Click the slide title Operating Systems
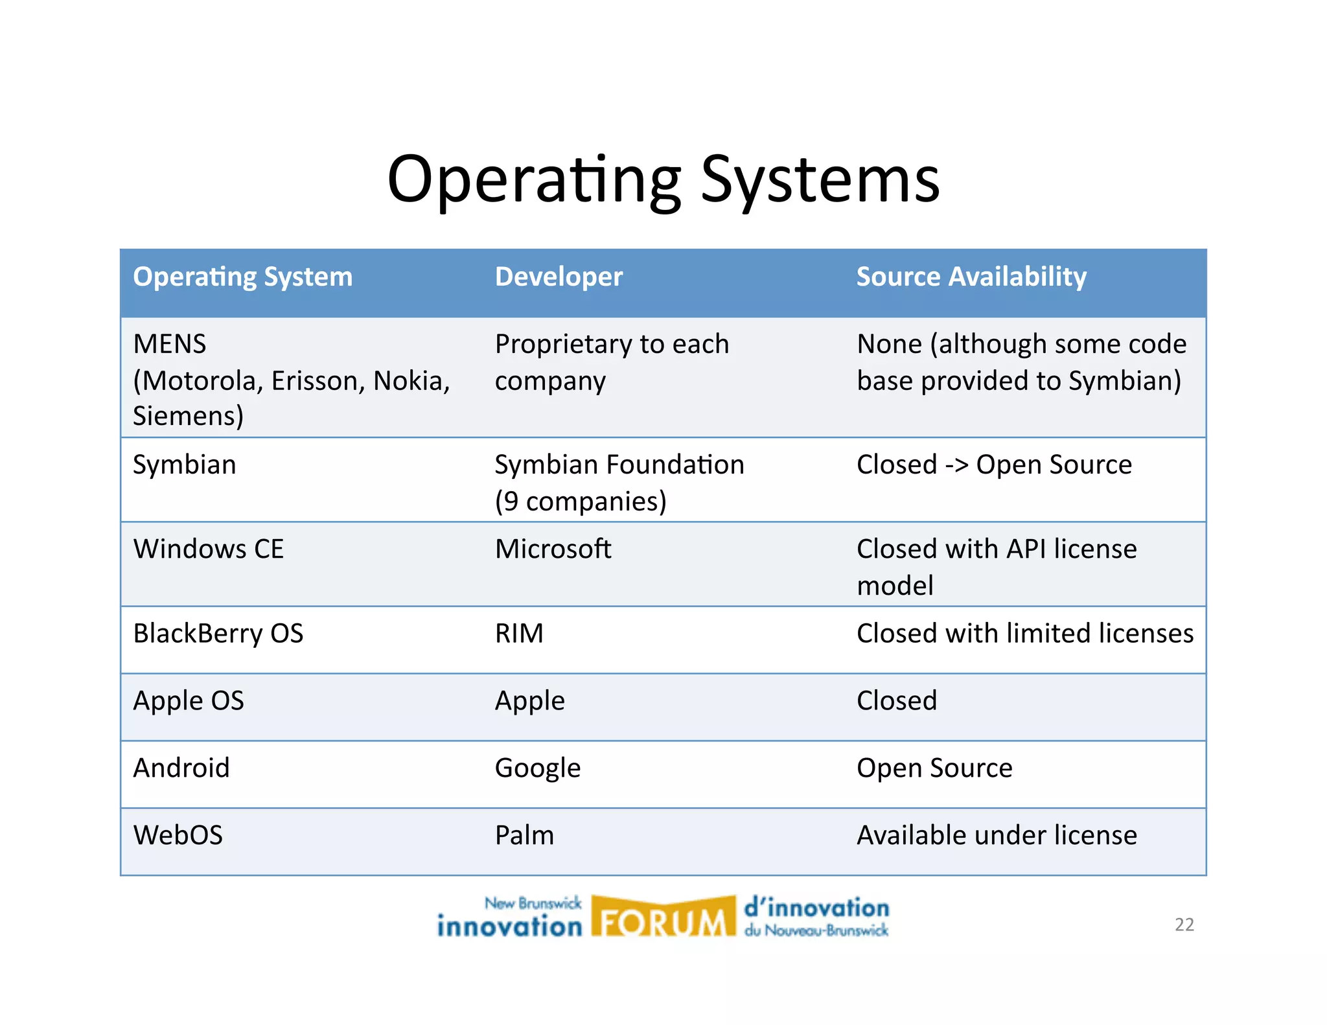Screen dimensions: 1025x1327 [663, 179]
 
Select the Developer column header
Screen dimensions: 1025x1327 [559, 277]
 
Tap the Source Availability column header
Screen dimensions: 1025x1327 [971, 277]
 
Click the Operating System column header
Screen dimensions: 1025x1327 [242, 277]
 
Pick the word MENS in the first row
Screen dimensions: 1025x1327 [170, 344]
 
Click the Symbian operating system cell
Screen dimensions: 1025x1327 [185, 465]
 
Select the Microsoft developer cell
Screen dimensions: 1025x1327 [553, 549]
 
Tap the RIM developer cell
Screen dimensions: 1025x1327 [519, 633]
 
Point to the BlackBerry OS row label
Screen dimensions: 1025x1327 [218, 633]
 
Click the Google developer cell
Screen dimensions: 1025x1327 [537, 768]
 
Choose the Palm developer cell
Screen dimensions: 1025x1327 [524, 835]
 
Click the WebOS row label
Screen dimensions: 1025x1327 [178, 835]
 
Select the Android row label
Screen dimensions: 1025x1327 [181, 768]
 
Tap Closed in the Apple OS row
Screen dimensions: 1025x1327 [896, 700]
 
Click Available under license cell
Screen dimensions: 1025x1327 [996, 835]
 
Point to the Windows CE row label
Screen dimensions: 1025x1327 [208, 549]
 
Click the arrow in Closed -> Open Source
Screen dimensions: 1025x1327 [956, 465]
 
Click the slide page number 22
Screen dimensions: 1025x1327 [1184, 925]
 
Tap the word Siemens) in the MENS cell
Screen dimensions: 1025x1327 [188, 415]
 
